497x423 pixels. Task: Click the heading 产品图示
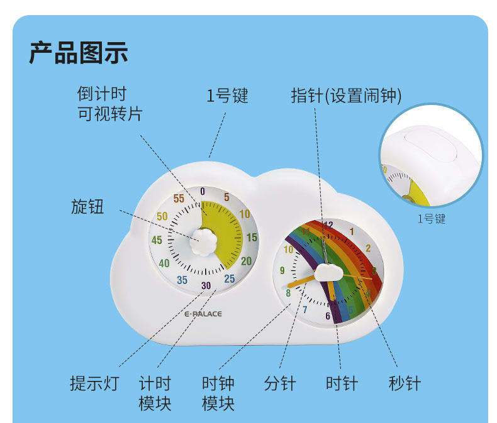pos(79,53)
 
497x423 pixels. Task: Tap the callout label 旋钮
pos(87,207)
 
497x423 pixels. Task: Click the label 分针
pos(280,383)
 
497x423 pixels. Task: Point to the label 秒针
pos(405,383)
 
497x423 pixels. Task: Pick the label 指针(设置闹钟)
pos(346,96)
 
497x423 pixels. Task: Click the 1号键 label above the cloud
pos(228,96)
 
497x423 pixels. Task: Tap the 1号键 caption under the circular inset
pos(432,219)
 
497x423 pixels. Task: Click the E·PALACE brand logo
pos(203,314)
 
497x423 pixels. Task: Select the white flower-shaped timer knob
pos(203,239)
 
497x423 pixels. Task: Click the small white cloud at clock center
pos(327,272)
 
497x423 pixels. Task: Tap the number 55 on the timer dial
pos(179,199)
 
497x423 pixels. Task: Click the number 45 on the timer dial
pos(157,240)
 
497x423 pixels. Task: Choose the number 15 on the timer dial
pos(252,238)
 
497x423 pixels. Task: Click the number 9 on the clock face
pos(282,271)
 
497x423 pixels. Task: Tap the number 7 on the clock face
pos(305,309)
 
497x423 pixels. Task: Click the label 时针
pos(342,383)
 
